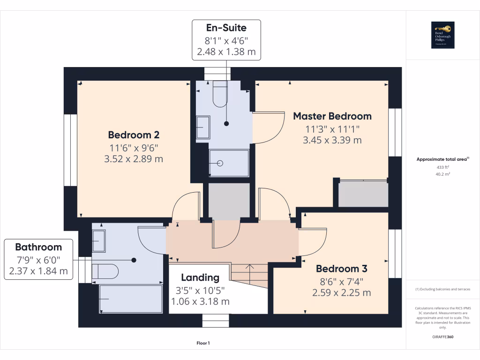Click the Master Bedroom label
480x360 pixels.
pos(332,116)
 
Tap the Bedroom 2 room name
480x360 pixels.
pos(134,135)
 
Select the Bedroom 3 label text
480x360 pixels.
pos(341,269)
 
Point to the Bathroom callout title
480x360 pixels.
pos(38,247)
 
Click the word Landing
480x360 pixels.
pos(200,277)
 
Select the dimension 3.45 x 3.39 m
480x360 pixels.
pos(332,140)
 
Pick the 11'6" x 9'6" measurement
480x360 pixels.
pos(134,148)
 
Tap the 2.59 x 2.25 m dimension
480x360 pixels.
pos(341,292)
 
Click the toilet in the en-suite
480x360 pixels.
pos(220,93)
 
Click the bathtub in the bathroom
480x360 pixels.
pos(130,299)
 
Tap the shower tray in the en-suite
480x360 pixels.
pos(229,163)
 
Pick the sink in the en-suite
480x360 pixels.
pos(203,127)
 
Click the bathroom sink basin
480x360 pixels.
pos(99,241)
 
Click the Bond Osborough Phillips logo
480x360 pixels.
pos(442,35)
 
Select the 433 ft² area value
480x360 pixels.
pos(442,167)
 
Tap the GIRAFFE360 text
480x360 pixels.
pos(442,337)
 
